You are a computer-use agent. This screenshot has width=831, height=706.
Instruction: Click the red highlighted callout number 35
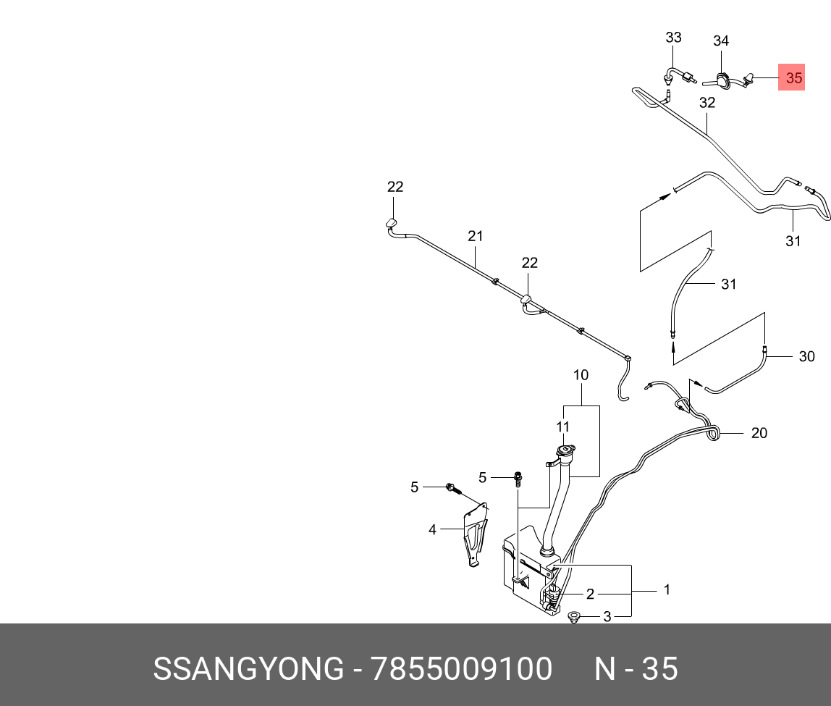coord(794,77)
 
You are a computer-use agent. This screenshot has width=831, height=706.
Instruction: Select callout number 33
coord(673,37)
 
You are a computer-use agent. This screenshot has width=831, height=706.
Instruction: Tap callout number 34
coord(720,41)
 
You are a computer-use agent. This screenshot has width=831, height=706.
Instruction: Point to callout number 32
coord(707,103)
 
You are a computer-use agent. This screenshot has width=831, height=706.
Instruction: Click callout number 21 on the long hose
coord(475,235)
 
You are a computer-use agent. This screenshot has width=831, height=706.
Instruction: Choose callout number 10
coord(581,375)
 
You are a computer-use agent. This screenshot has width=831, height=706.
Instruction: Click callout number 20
coord(759,433)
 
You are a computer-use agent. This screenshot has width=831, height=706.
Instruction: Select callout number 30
coord(806,356)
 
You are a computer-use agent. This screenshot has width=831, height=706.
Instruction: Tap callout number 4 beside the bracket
coord(432,529)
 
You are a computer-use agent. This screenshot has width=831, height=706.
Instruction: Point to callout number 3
coord(607,617)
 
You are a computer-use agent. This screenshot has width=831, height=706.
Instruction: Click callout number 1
coord(667,590)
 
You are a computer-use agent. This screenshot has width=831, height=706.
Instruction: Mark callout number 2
coord(590,594)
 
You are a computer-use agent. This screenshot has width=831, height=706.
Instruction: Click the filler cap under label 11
coord(565,453)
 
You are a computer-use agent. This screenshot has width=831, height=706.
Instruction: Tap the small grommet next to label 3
coord(575,618)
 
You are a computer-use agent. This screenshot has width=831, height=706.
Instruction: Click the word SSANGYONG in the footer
coord(248,669)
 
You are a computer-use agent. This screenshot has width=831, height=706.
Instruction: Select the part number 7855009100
coord(461,669)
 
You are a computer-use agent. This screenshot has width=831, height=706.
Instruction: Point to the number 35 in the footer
coord(660,669)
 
